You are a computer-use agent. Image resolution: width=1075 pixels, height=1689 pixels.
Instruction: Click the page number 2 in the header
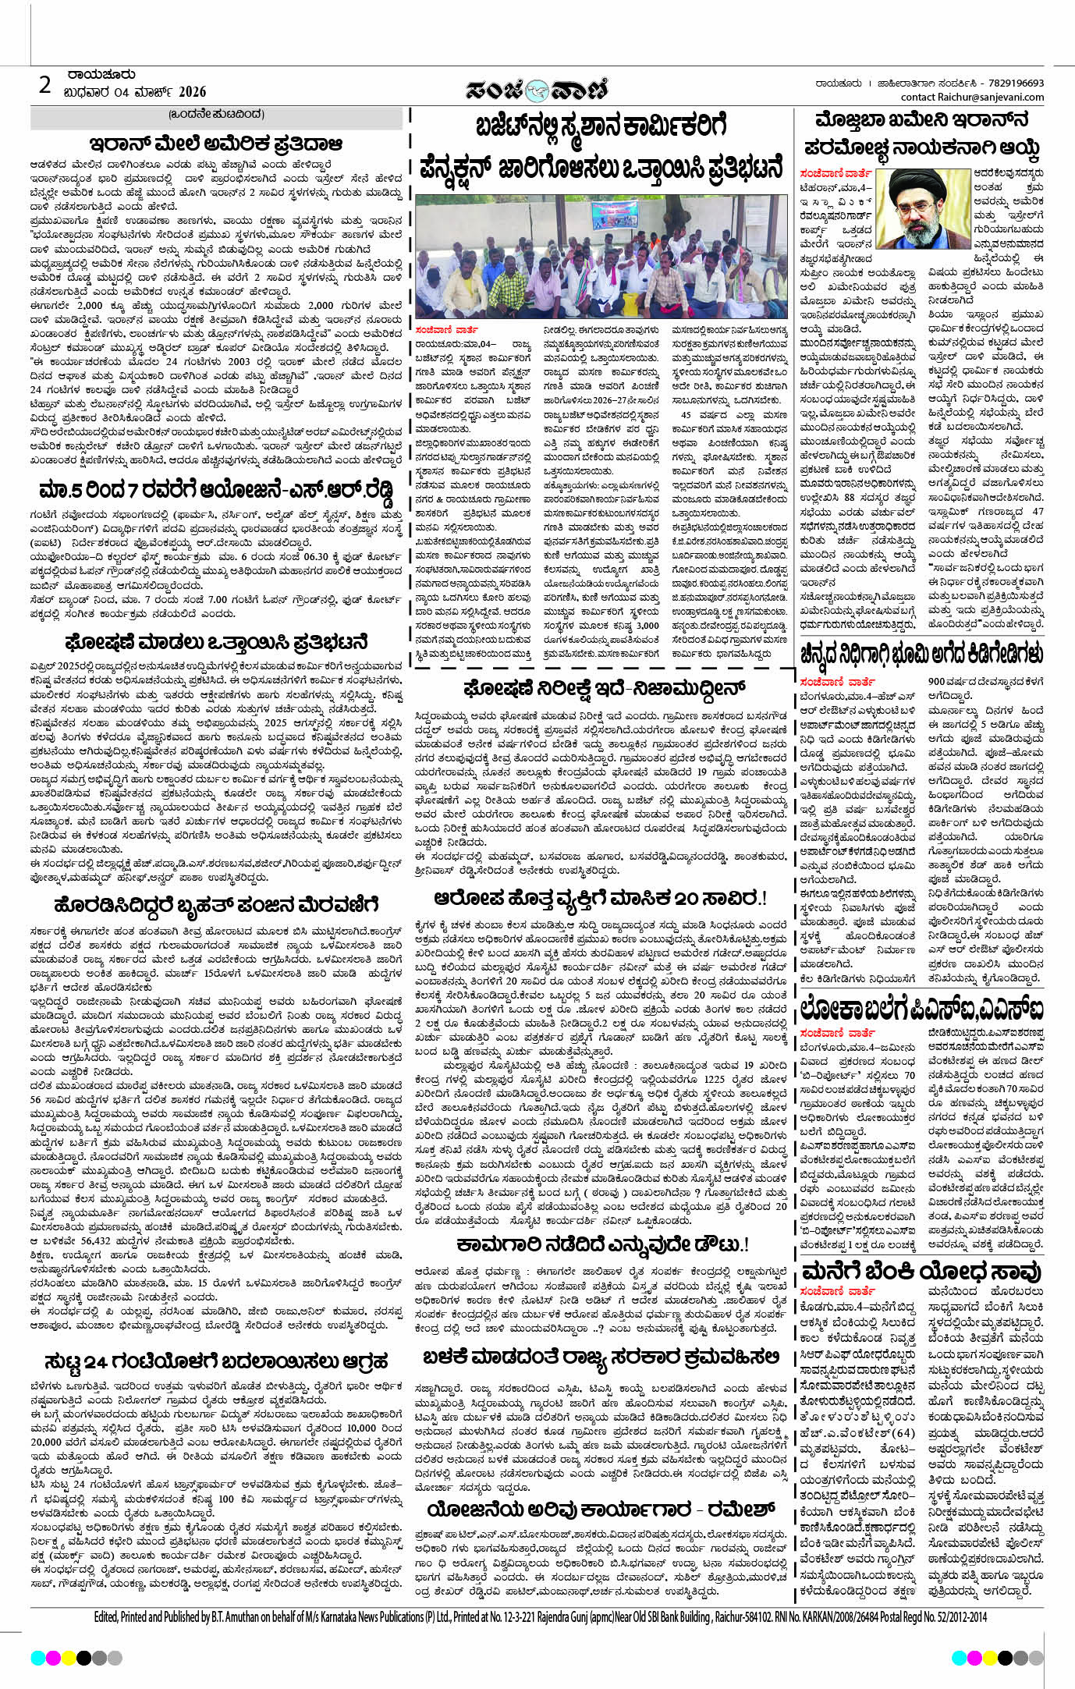(45, 84)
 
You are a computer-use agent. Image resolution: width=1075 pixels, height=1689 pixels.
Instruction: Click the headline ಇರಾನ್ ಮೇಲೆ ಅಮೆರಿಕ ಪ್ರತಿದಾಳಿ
(216, 144)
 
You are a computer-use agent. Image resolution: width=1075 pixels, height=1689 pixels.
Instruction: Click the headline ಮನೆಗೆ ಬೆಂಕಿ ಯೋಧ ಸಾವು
(921, 1272)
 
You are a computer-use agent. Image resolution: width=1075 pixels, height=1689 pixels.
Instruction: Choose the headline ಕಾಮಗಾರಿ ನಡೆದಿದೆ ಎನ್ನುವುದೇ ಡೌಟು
(602, 1244)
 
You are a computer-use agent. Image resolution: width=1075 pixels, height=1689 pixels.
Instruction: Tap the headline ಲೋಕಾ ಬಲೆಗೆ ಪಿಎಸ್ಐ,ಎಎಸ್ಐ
(921, 1010)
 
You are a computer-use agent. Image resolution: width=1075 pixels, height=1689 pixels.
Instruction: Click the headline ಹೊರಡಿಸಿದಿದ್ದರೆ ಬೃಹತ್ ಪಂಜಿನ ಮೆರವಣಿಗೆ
(216, 906)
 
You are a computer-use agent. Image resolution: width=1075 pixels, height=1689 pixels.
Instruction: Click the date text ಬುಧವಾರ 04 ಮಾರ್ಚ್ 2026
(135, 92)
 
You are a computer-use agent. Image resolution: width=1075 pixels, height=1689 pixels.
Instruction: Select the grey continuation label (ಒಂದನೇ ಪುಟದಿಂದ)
(216, 114)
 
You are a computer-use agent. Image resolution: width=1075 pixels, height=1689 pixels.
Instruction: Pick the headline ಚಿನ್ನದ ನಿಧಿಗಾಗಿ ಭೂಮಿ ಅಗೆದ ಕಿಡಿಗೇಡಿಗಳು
(921, 652)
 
